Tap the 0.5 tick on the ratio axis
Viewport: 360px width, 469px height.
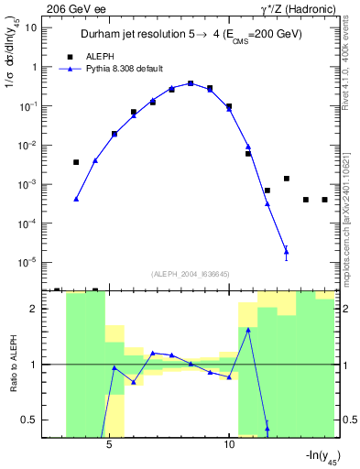pyautogui.click(x=31, y=420)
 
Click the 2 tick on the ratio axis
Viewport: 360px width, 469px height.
pyautogui.click(x=35, y=309)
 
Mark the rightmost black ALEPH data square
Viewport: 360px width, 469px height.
pyautogui.click(x=324, y=200)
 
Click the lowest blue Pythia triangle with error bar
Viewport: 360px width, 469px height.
pyautogui.click(x=286, y=251)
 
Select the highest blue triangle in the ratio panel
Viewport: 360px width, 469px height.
pyautogui.click(x=248, y=330)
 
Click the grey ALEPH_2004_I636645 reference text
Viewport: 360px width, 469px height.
pyautogui.click(x=184, y=274)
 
